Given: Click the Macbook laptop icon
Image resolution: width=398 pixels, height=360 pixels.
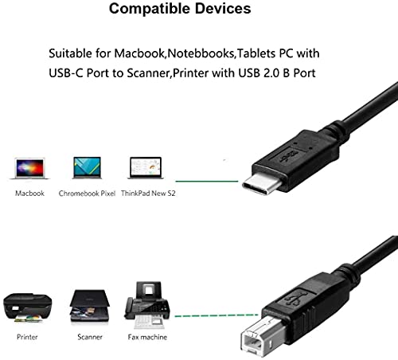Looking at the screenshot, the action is (29, 168).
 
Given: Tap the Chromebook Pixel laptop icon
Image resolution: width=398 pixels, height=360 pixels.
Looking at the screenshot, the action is (87, 167).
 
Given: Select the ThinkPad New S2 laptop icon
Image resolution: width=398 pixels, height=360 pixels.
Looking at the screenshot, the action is (146, 168).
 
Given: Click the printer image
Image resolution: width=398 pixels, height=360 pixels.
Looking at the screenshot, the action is (28, 308).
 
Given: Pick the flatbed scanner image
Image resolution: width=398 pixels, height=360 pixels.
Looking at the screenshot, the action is (90, 306).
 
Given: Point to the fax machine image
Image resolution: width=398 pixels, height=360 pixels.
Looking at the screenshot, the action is (147, 305).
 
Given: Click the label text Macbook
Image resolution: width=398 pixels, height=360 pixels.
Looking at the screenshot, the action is (29, 194).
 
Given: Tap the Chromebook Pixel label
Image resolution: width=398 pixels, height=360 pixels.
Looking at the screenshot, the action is (87, 194).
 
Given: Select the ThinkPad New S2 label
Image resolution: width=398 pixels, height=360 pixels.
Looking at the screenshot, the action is (148, 194).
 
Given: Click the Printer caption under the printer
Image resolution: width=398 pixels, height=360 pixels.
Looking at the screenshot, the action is (27, 337).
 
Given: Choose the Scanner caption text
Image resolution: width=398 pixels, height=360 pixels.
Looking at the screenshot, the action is (90, 337).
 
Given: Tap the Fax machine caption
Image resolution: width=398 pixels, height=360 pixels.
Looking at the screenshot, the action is (147, 337).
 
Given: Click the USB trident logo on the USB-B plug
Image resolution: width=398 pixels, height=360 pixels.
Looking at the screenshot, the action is (296, 298).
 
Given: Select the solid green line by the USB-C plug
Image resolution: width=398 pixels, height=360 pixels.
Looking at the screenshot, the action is (207, 182).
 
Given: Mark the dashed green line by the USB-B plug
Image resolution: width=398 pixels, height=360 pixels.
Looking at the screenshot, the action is (217, 315).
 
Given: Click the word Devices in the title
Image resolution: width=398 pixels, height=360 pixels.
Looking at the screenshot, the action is (223, 9).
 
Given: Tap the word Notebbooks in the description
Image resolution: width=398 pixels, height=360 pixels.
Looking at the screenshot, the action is (201, 53).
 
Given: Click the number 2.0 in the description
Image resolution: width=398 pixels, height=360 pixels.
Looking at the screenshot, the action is (271, 73).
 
